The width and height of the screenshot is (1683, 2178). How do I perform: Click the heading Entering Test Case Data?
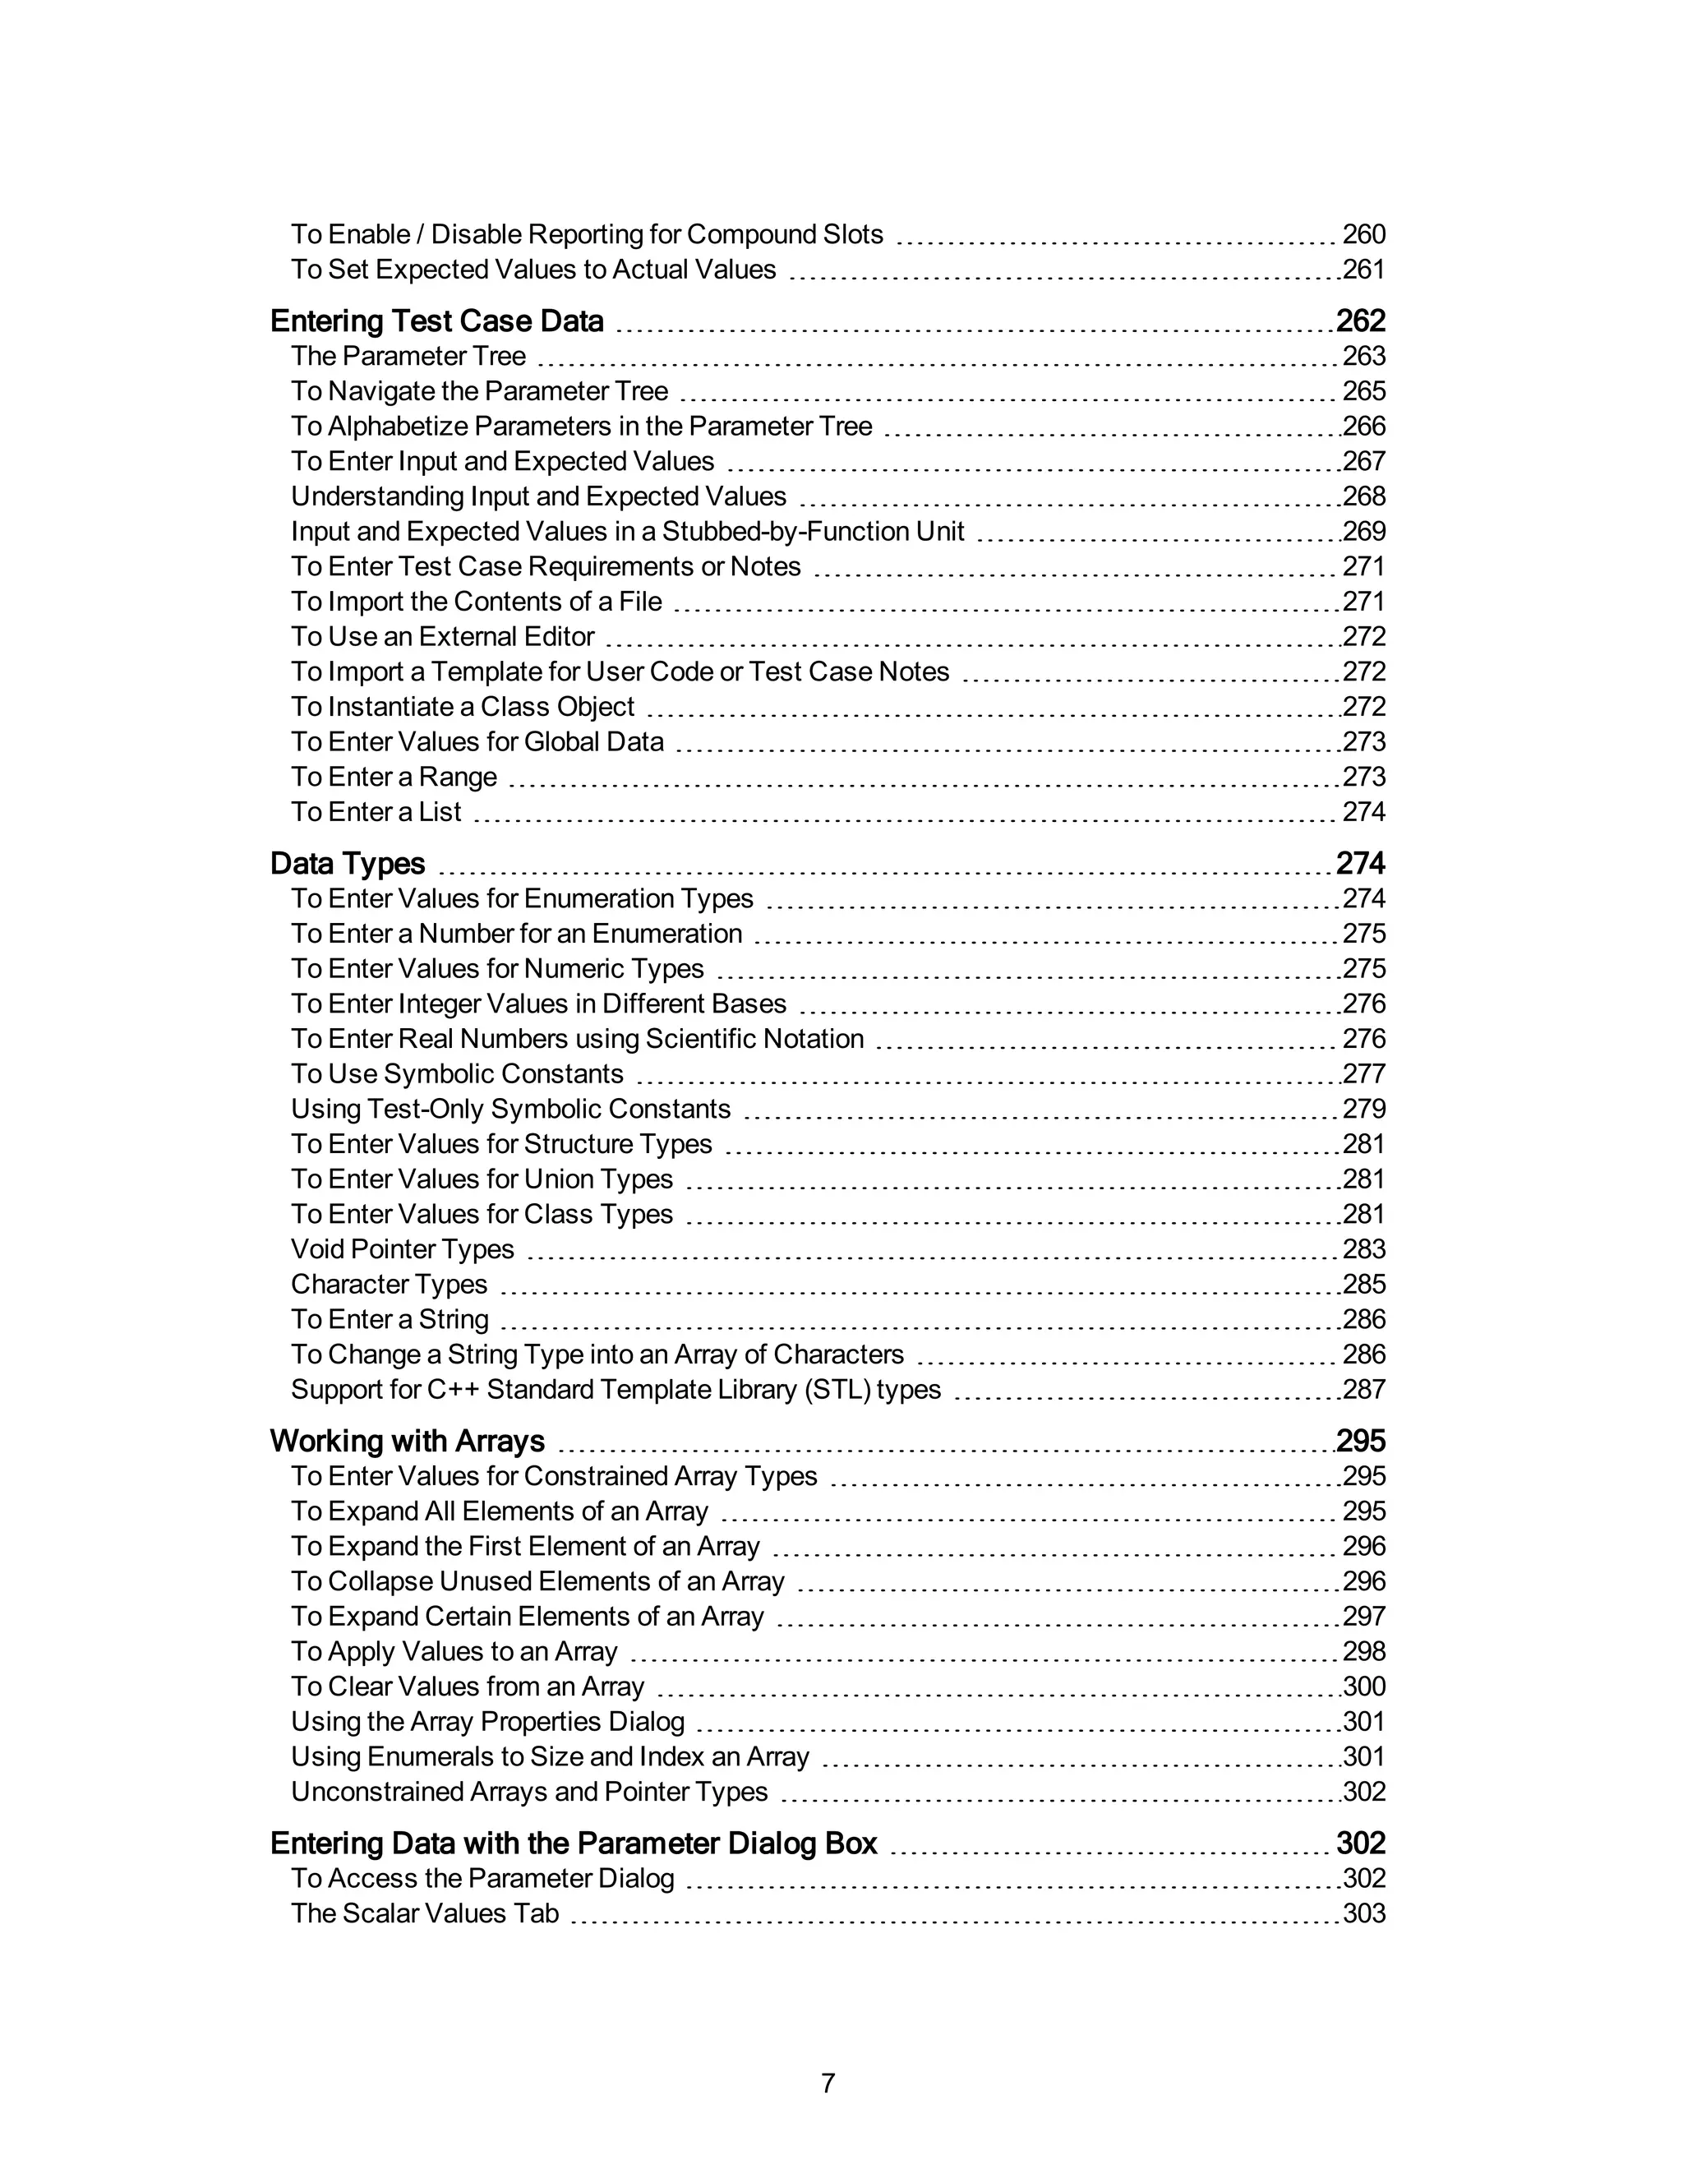(436, 321)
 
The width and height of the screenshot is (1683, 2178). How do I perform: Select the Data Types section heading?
(347, 864)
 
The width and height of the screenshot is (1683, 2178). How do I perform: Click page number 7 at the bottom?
(828, 2083)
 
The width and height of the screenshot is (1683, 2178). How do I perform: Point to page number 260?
(1363, 234)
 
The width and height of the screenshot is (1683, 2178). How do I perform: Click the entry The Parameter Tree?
(408, 356)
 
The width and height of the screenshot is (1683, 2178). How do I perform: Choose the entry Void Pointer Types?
(402, 1249)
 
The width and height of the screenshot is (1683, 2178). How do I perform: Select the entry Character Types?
(389, 1285)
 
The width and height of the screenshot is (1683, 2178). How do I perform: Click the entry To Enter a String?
(390, 1319)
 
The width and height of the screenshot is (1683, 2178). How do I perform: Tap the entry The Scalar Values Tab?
(425, 1913)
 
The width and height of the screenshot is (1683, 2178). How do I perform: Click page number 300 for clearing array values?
(1364, 1687)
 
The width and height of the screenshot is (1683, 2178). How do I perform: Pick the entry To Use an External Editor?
(443, 636)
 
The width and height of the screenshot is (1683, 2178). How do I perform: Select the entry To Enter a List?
(376, 812)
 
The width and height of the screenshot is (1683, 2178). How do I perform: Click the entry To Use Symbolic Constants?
(457, 1074)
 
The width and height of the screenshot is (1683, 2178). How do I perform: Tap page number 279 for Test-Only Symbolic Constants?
(1363, 1109)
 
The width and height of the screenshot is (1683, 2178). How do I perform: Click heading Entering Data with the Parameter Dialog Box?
(574, 1844)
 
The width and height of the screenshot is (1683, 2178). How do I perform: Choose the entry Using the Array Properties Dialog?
(487, 1722)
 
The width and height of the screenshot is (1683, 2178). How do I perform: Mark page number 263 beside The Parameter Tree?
(1363, 356)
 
